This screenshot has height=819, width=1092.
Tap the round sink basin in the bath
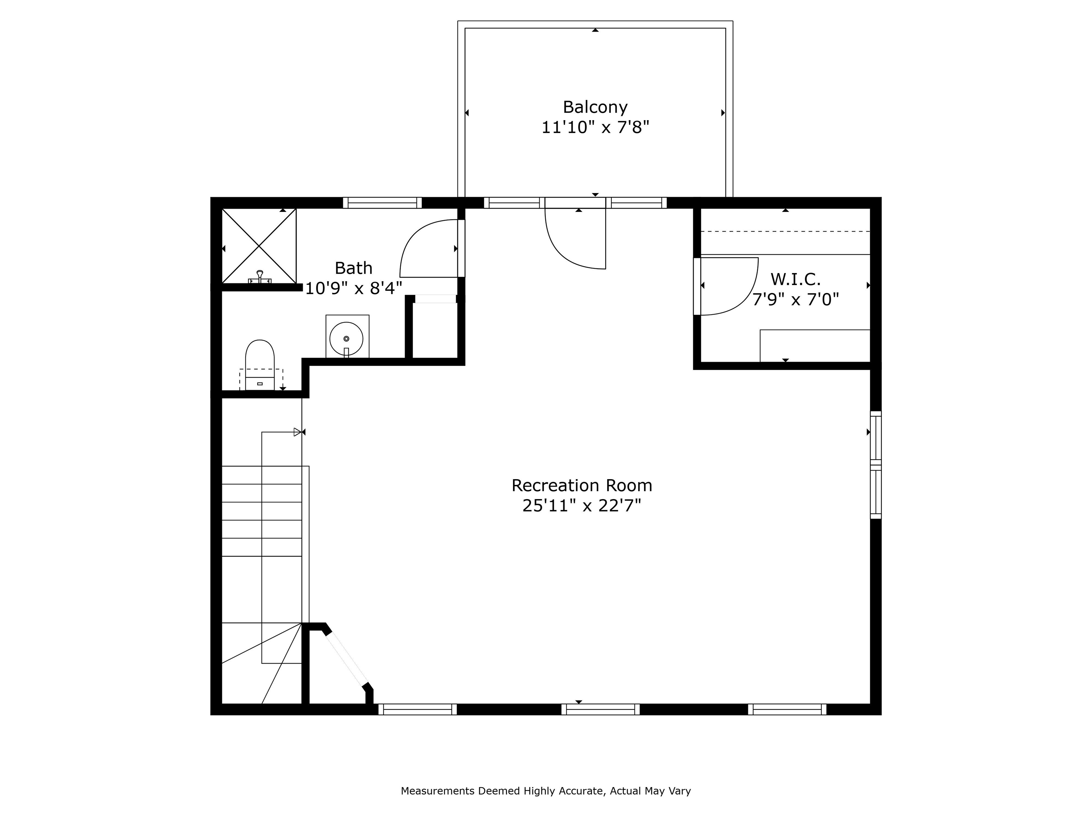click(x=347, y=338)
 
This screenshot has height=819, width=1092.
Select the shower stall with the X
click(x=259, y=246)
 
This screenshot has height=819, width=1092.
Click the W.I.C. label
click(x=795, y=279)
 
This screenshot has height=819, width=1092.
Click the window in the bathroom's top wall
click(x=382, y=203)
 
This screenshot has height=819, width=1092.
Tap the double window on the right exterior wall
click(x=875, y=465)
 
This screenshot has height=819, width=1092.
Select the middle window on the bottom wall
click(x=600, y=710)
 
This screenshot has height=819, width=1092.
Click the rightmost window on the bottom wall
click(x=787, y=710)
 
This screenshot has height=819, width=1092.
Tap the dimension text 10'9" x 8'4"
click(x=353, y=288)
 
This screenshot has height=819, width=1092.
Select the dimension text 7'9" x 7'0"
click(x=795, y=299)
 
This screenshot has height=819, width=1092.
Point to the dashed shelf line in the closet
click(x=786, y=231)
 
